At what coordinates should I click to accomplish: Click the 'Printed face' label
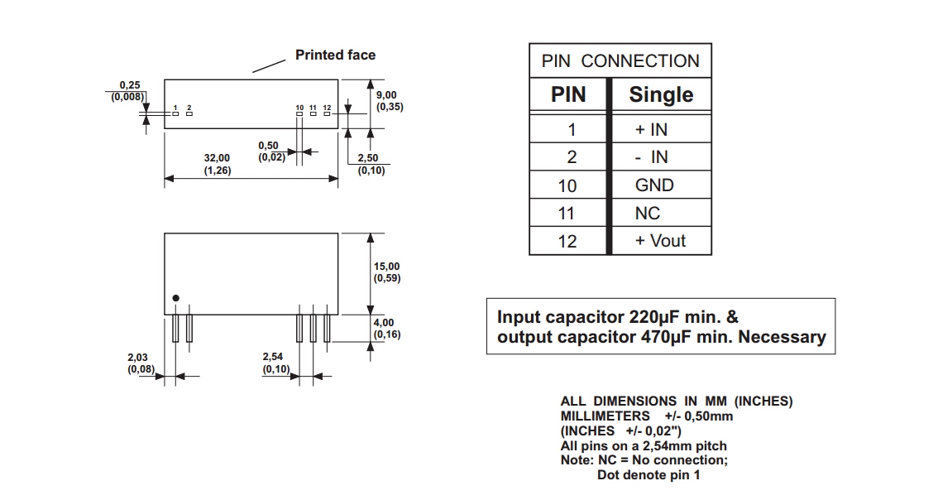335,55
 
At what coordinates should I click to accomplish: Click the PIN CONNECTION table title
620,61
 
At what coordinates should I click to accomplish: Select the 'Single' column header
661,95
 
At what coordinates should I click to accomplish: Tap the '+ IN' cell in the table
651,130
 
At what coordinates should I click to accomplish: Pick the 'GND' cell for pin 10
654,185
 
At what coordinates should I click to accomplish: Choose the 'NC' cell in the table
648,214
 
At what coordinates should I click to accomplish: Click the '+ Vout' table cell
660,241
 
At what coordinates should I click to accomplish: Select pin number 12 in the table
567,241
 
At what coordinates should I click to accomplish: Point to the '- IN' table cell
651,157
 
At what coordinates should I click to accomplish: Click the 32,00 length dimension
218,157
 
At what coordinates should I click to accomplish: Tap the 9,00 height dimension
386,95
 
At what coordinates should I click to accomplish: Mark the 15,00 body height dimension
386,267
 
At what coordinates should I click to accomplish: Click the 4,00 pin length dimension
384,323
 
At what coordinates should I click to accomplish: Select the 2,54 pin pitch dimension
274,358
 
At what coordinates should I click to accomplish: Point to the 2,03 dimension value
137,358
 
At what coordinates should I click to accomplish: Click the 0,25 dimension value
129,85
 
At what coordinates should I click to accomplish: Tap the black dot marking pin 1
175,298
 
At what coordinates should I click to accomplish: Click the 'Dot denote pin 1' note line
648,475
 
